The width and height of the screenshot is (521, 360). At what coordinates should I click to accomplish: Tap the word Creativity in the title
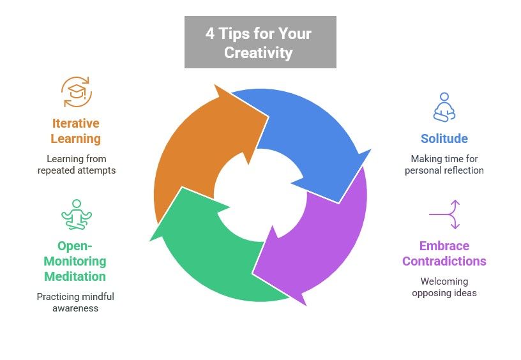pos(258,52)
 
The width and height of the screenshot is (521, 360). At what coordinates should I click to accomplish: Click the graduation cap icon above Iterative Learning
pos(77,92)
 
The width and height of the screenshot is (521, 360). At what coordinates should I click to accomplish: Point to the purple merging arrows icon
pos(444,214)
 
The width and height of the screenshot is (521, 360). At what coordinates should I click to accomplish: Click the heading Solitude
pos(444,139)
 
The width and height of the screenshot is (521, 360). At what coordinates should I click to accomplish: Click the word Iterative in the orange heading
pos(76,123)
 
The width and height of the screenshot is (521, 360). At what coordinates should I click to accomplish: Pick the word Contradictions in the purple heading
pos(444,261)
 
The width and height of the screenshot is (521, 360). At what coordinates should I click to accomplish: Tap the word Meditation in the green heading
pos(75,276)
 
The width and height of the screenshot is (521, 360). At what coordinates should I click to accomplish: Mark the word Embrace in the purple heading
pos(444,246)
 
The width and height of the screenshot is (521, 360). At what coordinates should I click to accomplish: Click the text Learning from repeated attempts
pos(76,165)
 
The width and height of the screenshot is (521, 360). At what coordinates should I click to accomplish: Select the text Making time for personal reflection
pos(444,165)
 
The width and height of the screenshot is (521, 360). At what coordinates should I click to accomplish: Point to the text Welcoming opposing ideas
pos(444,287)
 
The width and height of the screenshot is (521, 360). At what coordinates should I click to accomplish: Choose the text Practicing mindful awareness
pos(75,303)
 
